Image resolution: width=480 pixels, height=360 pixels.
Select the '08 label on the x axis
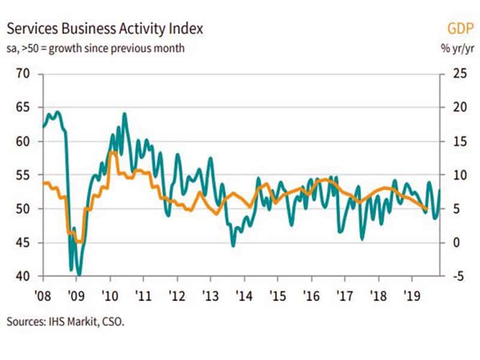pos(43,296)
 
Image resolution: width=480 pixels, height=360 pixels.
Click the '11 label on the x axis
pos(143,296)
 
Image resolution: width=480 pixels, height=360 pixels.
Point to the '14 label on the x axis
pos(244,296)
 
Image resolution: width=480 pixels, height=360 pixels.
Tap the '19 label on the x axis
pos(411,296)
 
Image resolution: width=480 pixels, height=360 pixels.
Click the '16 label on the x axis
pos(311,296)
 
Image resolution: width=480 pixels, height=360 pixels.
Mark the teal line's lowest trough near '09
pos(79,275)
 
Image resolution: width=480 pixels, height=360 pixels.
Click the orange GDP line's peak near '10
pos(114,153)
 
